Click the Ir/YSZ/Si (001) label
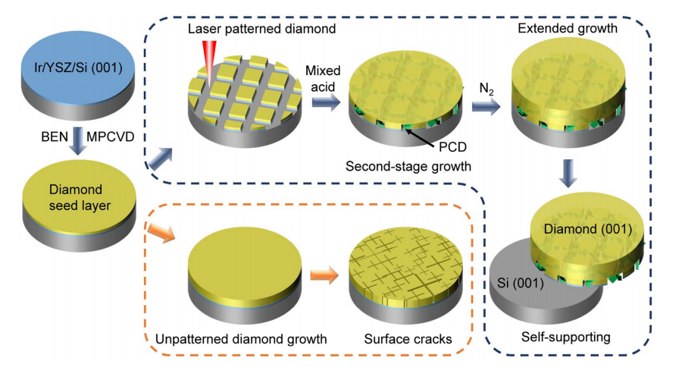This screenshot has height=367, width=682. click(x=78, y=67)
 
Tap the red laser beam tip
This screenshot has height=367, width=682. click(x=210, y=86)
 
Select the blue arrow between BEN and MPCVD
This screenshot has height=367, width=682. click(x=78, y=141)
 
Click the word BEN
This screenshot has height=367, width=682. click(x=55, y=136)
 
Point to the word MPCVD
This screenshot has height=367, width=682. click(x=111, y=136)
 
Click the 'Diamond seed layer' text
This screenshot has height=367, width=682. click(x=80, y=197)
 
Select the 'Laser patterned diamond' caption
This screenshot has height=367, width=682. click(x=262, y=29)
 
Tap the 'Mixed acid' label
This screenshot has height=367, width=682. click(x=323, y=79)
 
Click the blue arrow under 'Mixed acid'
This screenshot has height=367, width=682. click(x=326, y=102)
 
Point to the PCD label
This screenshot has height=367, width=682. click(x=452, y=147)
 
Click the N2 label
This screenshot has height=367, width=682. click(x=486, y=89)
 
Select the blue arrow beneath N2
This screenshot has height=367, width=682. click(x=486, y=107)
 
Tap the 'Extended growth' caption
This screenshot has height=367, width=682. click(x=568, y=29)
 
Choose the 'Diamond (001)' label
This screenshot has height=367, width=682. click(x=587, y=229)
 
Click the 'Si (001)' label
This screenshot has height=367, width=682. click(x=520, y=283)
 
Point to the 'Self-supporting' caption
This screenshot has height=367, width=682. click(x=566, y=337)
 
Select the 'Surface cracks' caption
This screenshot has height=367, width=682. click(x=408, y=339)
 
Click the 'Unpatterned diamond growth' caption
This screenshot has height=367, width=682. click(x=241, y=339)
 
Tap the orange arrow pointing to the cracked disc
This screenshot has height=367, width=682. click(x=324, y=275)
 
